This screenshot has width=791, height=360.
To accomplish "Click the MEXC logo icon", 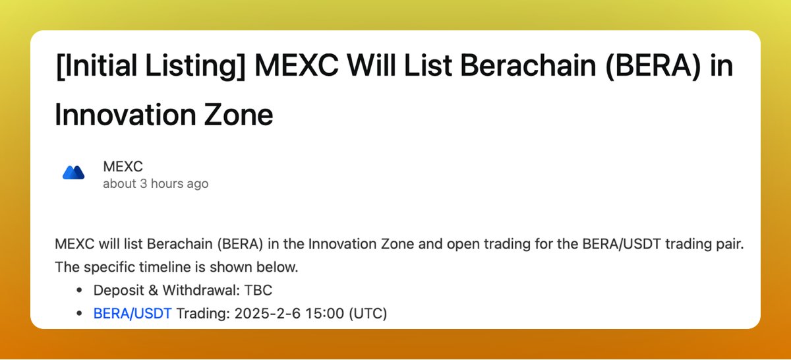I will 73,173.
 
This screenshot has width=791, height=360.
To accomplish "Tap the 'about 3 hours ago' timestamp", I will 156,183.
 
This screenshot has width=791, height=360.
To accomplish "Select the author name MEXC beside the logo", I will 123,167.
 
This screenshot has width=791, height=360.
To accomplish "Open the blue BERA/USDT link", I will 132,313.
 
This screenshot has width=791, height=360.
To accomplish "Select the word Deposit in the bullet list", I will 116,290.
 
